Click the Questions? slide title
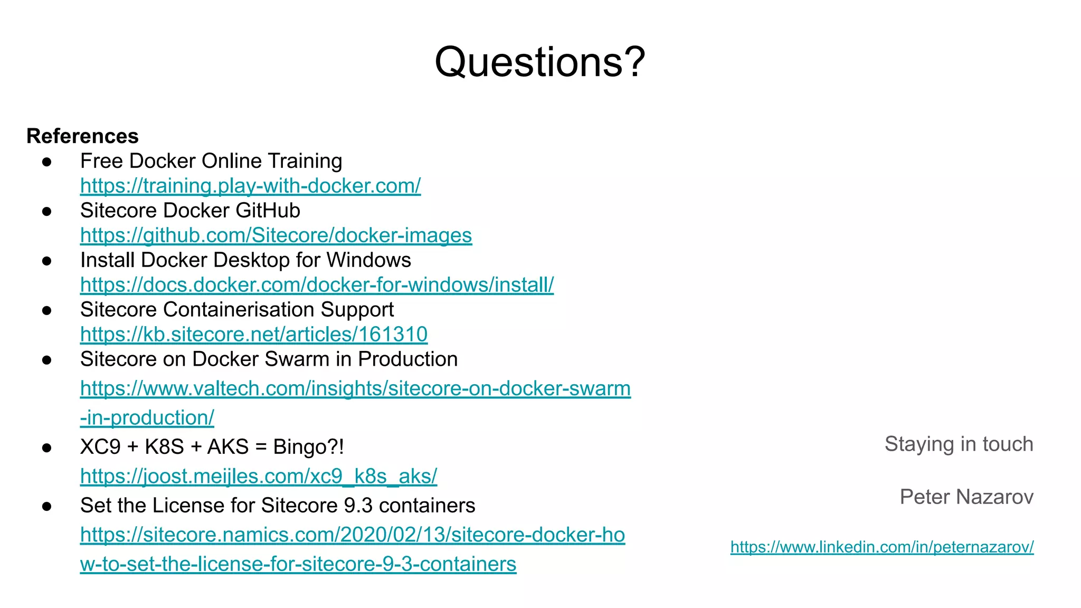(539, 62)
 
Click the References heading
(82, 136)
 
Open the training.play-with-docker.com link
(250, 186)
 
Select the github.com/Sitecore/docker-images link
(276, 235)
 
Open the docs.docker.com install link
(317, 285)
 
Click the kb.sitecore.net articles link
(253, 335)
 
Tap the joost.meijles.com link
(259, 476)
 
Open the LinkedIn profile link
(881, 547)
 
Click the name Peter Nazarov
(966, 497)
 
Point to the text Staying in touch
(959, 444)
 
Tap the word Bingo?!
(308, 447)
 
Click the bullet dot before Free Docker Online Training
(47, 162)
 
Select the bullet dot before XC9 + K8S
(47, 448)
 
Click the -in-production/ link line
(147, 418)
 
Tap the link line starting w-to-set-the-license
(298, 564)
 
